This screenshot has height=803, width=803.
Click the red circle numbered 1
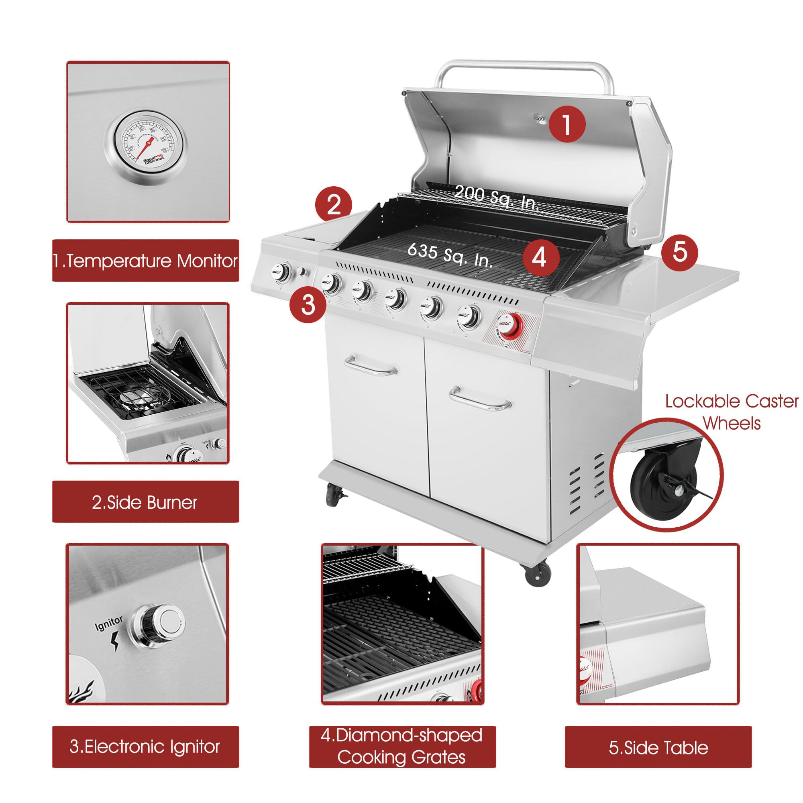click(567, 124)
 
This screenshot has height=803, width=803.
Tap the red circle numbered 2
click(333, 205)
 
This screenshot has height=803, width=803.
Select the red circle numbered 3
click(308, 304)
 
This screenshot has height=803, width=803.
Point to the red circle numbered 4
click(540, 257)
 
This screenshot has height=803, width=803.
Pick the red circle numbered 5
click(680, 252)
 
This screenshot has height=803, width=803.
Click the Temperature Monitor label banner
click(145, 261)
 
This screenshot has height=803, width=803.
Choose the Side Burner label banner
click(145, 502)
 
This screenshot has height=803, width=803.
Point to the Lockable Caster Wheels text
click(732, 412)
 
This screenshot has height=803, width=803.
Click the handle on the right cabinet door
click(480, 399)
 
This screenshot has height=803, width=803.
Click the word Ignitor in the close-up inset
click(109, 623)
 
